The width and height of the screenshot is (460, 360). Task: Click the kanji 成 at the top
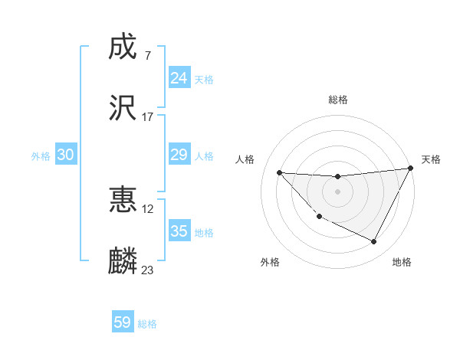point(123,48)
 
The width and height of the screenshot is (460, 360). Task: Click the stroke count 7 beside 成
point(147,56)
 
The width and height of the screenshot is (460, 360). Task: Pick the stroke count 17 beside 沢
point(148,117)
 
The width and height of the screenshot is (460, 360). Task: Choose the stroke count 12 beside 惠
point(148,209)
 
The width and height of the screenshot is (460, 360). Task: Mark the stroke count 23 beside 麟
point(148,270)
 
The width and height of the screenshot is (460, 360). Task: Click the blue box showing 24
point(179,78)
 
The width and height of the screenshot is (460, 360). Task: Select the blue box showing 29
point(179,155)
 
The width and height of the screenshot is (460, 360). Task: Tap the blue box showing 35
point(179,231)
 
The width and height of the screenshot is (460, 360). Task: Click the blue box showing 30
point(66,155)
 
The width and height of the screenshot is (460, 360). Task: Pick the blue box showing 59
point(123,322)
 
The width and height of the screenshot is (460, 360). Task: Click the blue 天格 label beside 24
point(204,80)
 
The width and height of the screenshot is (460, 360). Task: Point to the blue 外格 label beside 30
point(41,156)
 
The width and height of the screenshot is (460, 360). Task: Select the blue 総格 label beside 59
point(147,324)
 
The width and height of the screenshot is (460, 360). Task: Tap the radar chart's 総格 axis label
point(337,100)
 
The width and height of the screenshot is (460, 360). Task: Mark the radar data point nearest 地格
point(374,242)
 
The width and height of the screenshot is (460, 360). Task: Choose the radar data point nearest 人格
point(279,172)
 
